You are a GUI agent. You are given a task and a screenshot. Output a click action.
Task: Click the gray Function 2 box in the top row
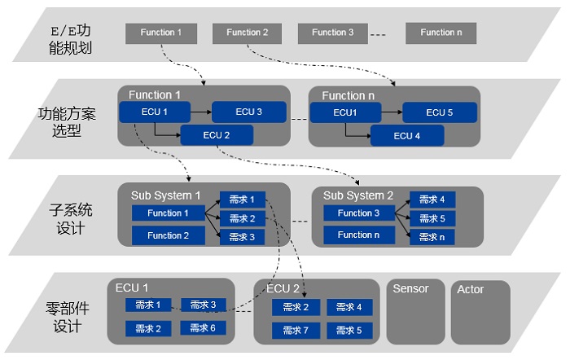point(247,33)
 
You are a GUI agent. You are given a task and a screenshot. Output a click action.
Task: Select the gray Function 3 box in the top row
point(332,33)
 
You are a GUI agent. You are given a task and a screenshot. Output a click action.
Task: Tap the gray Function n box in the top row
point(441,33)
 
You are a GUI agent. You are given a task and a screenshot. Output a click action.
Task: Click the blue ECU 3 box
point(249,112)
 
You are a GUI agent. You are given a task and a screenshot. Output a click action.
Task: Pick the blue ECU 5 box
point(440,112)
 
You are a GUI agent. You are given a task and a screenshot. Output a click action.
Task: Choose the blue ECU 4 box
point(407,136)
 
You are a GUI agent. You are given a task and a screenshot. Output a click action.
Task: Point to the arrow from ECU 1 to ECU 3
point(201,112)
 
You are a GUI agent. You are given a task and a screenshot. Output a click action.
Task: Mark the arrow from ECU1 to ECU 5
point(392,112)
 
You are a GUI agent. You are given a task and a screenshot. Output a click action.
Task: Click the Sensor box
point(415,311)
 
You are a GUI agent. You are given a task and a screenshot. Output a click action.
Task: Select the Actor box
point(480,312)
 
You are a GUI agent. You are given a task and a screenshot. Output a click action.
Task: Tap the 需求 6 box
point(204,328)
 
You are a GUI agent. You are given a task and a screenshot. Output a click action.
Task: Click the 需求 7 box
point(296,330)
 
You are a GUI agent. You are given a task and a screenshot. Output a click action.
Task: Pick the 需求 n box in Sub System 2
point(432,237)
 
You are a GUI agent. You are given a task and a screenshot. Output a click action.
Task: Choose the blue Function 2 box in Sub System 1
point(169,235)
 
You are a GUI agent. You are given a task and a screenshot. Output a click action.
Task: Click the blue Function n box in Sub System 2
point(359,235)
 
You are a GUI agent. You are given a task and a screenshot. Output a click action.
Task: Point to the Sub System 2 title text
point(358,195)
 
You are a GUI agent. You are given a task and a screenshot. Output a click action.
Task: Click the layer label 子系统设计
point(70,219)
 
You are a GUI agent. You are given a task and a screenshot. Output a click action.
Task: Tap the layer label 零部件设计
point(68,317)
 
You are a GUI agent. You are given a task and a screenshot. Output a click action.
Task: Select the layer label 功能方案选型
point(67,122)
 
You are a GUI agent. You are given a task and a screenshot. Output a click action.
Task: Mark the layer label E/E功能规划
point(71,39)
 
